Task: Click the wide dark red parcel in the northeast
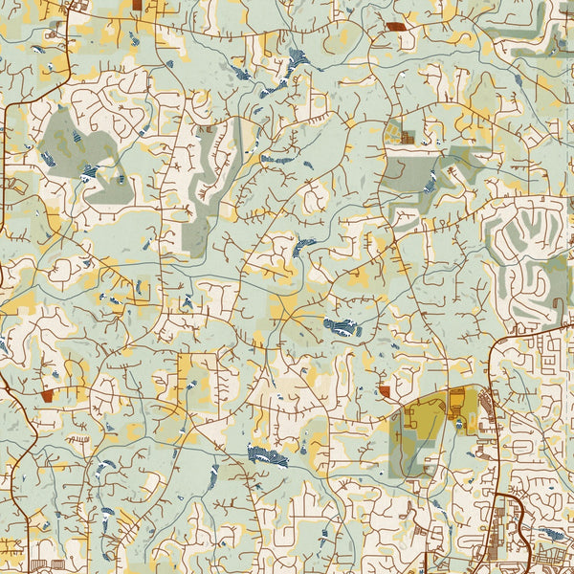point(395,26)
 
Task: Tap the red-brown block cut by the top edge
point(138,5)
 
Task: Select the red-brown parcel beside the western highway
point(47,395)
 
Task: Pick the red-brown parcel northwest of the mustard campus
point(385,390)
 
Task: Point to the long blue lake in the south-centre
point(267,456)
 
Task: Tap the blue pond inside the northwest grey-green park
point(89,172)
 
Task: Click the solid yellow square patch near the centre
point(284,306)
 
